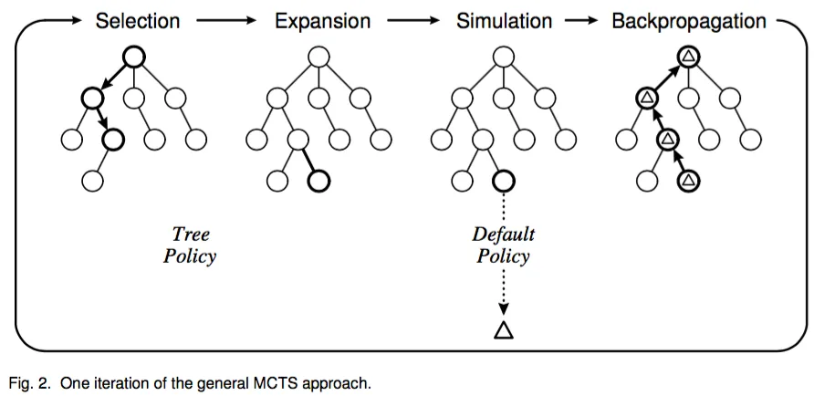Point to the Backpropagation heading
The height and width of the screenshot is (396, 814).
[x=689, y=19]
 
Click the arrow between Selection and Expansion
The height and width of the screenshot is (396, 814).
[x=224, y=20]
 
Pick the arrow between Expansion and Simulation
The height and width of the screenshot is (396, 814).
[x=407, y=20]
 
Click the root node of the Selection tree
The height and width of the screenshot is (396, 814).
[x=133, y=57]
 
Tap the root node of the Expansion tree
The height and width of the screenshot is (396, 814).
[x=318, y=57]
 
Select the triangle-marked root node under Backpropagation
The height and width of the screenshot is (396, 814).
[x=689, y=57]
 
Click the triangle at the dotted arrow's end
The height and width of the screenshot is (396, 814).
[x=503, y=329]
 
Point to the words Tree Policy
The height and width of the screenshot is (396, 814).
[x=190, y=245]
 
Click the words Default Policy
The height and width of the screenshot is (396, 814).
[x=502, y=245]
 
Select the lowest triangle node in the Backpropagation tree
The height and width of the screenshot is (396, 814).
[x=690, y=181]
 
